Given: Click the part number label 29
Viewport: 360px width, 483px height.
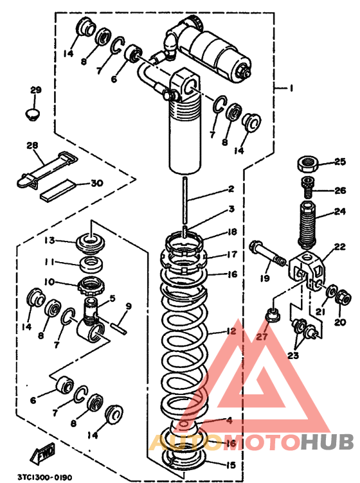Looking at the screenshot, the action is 35,90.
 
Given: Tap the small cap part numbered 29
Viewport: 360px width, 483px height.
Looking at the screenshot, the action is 32,114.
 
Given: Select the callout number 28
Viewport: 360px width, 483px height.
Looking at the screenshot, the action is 32,145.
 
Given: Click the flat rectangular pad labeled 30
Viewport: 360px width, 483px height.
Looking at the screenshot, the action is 59,191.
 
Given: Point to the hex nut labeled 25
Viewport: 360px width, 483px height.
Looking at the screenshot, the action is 307,164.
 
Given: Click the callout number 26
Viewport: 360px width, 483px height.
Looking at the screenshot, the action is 340,191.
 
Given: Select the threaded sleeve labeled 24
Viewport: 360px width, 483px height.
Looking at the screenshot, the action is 307,225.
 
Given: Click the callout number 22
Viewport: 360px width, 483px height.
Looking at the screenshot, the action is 340,247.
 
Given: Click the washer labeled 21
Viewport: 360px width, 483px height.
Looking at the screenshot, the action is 331,291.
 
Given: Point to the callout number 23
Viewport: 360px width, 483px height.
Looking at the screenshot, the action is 293,355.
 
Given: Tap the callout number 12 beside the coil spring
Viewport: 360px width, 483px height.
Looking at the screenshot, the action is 231,331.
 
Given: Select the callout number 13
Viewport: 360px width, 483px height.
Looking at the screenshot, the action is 50,240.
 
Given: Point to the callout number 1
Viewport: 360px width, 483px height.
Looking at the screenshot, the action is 291,89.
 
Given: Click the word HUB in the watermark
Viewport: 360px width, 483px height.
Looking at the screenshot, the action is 327,441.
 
